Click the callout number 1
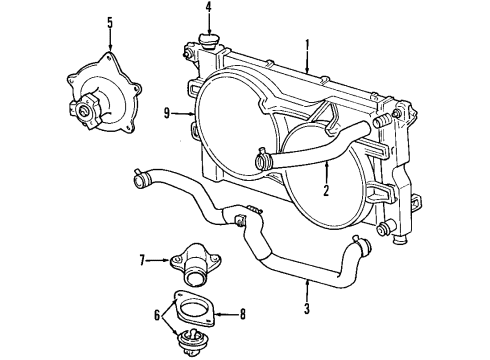[x=308, y=44]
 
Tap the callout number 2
[x=325, y=189]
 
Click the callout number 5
[x=110, y=21]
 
